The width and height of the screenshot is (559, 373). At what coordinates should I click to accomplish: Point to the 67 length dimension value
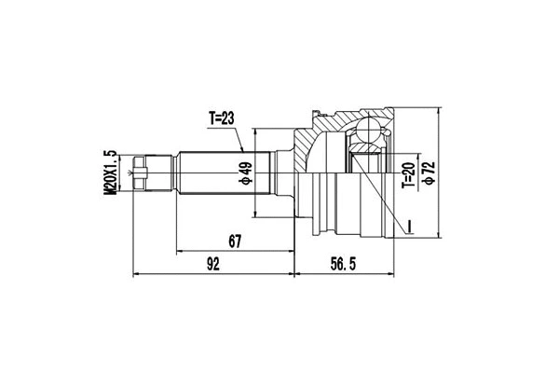coord(234,242)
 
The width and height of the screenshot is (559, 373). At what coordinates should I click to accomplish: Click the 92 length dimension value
coord(213,265)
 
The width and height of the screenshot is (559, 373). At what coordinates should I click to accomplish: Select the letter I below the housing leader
coord(406,225)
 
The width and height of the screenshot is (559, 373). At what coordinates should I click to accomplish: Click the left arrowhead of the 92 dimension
coord(138,275)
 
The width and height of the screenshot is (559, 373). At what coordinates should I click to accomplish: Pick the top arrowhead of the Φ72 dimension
coord(437,104)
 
